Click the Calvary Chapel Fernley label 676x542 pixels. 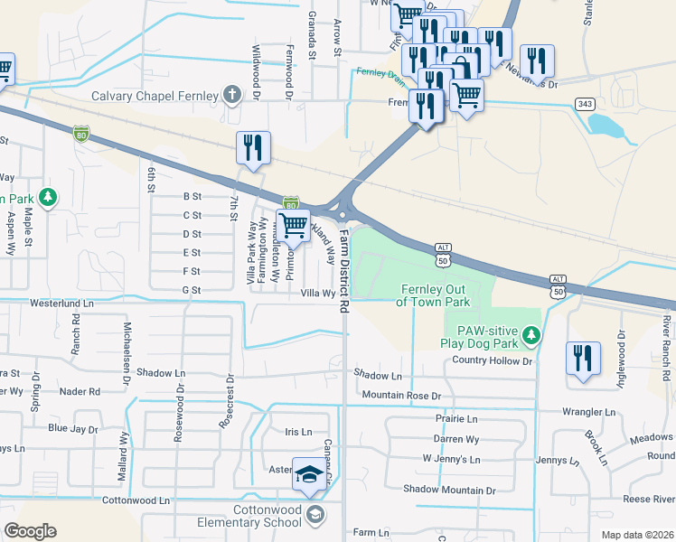154,96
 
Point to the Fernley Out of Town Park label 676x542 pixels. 433,294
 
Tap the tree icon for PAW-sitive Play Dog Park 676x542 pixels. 532,336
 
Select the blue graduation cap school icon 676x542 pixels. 308,476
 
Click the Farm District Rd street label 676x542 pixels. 344,270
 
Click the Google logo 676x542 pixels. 30,531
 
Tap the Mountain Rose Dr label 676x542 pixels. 400,396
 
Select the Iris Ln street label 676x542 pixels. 298,433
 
